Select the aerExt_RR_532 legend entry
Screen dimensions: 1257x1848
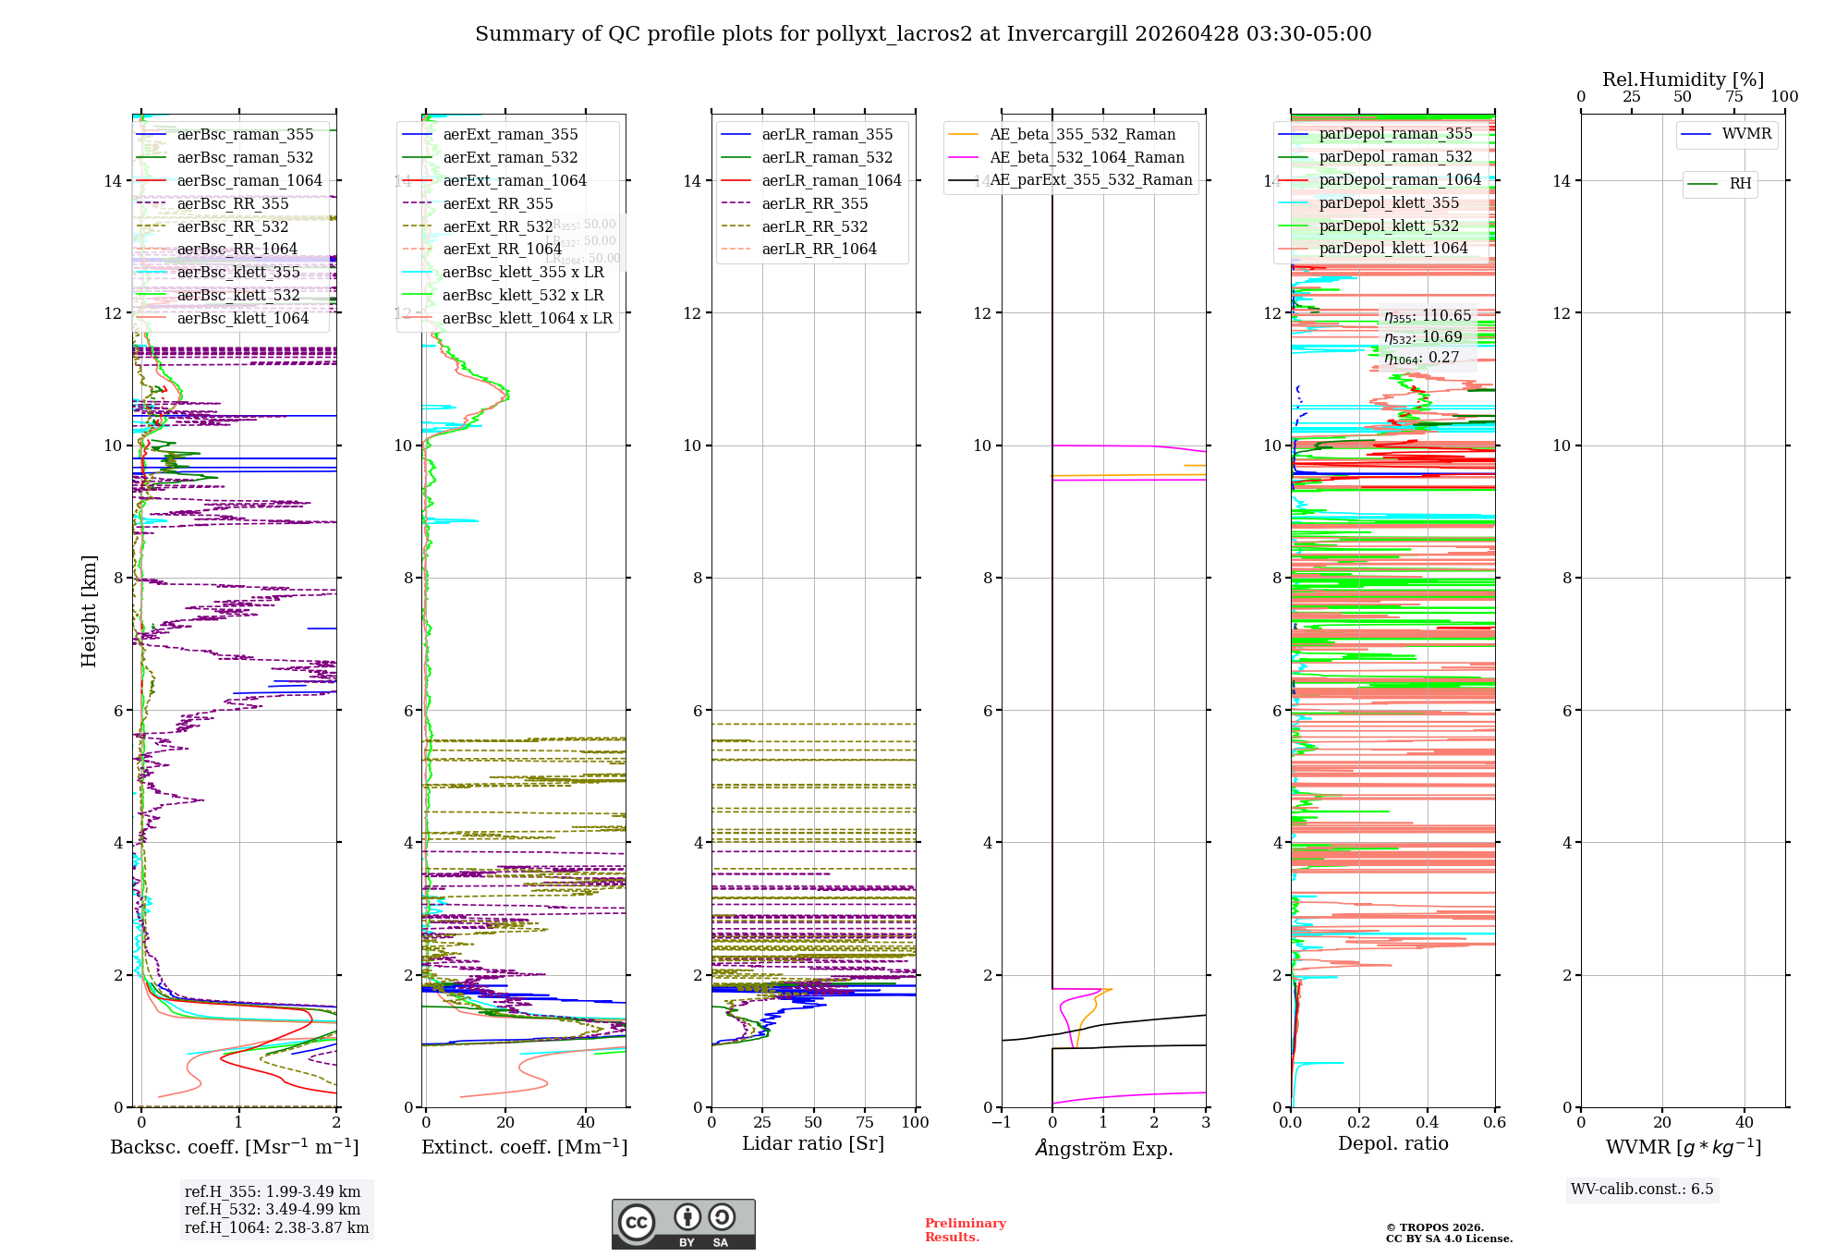pos(498,227)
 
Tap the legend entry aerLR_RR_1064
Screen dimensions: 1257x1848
pos(819,250)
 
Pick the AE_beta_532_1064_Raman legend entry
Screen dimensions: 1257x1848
pos(1087,158)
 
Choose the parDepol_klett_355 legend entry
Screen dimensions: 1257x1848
pos(1389,203)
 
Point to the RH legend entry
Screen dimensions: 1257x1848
pos(1740,184)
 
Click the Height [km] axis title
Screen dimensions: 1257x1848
pos(89,611)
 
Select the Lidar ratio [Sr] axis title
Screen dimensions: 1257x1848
pos(813,1144)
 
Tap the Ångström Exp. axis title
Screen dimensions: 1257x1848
pos(1103,1149)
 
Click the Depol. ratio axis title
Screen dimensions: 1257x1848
pos(1392,1144)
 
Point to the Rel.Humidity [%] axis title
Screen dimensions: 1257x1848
pos(1683,79)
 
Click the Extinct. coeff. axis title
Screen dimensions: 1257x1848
pos(524,1148)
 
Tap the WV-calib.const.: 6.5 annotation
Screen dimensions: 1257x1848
pos(1642,1190)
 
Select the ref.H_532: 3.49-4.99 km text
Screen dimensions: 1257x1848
pos(273,1210)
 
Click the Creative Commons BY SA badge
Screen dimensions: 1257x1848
pos(683,1225)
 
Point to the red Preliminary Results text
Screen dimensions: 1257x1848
pos(965,1230)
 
